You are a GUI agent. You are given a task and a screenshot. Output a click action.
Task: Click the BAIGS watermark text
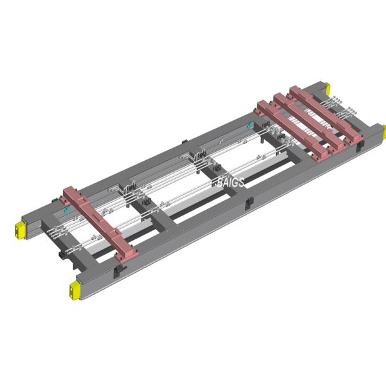pyautogui.click(x=230, y=183)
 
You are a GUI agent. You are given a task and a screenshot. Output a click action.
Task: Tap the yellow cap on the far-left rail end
pyautogui.click(x=19, y=228)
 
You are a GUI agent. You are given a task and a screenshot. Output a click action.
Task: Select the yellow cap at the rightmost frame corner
pyautogui.click(x=383, y=132)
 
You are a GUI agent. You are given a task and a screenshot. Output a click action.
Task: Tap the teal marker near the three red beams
pyautogui.click(x=250, y=125)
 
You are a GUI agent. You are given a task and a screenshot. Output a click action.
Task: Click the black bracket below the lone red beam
pyautogui.click(x=117, y=271)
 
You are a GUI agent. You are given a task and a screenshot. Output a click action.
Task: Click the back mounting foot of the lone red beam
pyautogui.click(x=69, y=193)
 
